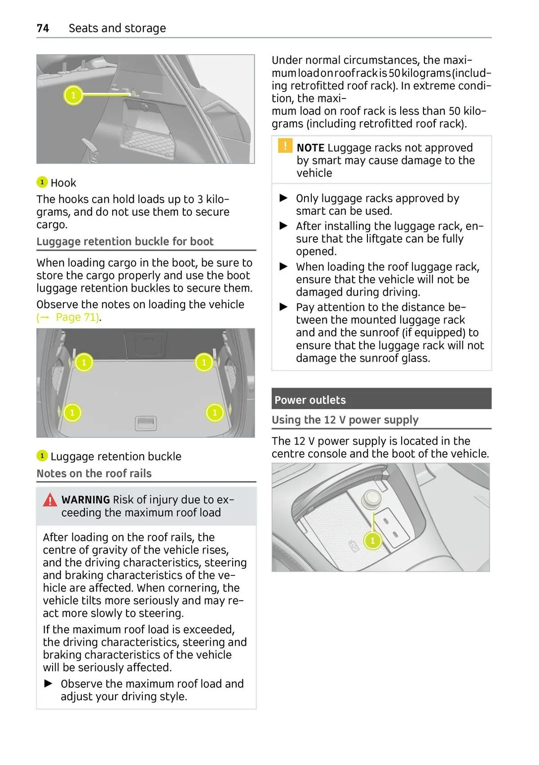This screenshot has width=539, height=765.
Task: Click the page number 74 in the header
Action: pos(43,28)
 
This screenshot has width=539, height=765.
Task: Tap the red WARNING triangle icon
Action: pos(50,500)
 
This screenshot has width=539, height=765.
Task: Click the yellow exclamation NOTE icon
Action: pos(285,146)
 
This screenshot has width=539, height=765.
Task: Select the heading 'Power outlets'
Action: pos(310,400)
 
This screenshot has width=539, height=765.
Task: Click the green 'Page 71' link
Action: pos(77,317)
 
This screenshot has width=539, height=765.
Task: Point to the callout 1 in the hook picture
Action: pos(73,95)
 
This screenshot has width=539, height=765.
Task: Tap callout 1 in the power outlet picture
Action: pos(372,540)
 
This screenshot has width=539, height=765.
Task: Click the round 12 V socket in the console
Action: pos(371,497)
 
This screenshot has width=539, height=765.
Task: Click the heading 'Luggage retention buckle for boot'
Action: pos(125,241)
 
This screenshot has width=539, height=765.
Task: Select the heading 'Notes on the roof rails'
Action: pos(94,473)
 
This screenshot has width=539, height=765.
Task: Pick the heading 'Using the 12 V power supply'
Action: pos(345,420)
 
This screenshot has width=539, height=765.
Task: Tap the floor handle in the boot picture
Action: pos(146,423)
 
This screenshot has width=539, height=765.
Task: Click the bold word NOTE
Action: pos(310,148)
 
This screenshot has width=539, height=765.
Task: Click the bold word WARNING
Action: pos(85,500)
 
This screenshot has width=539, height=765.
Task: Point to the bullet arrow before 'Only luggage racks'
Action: pos(284,198)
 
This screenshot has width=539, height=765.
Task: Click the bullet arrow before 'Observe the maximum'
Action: pos(49,684)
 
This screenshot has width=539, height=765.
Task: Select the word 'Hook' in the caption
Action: pos(63,183)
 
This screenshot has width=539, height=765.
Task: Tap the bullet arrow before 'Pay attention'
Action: pos(284,307)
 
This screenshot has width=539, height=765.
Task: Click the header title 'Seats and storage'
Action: pos(117,28)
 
